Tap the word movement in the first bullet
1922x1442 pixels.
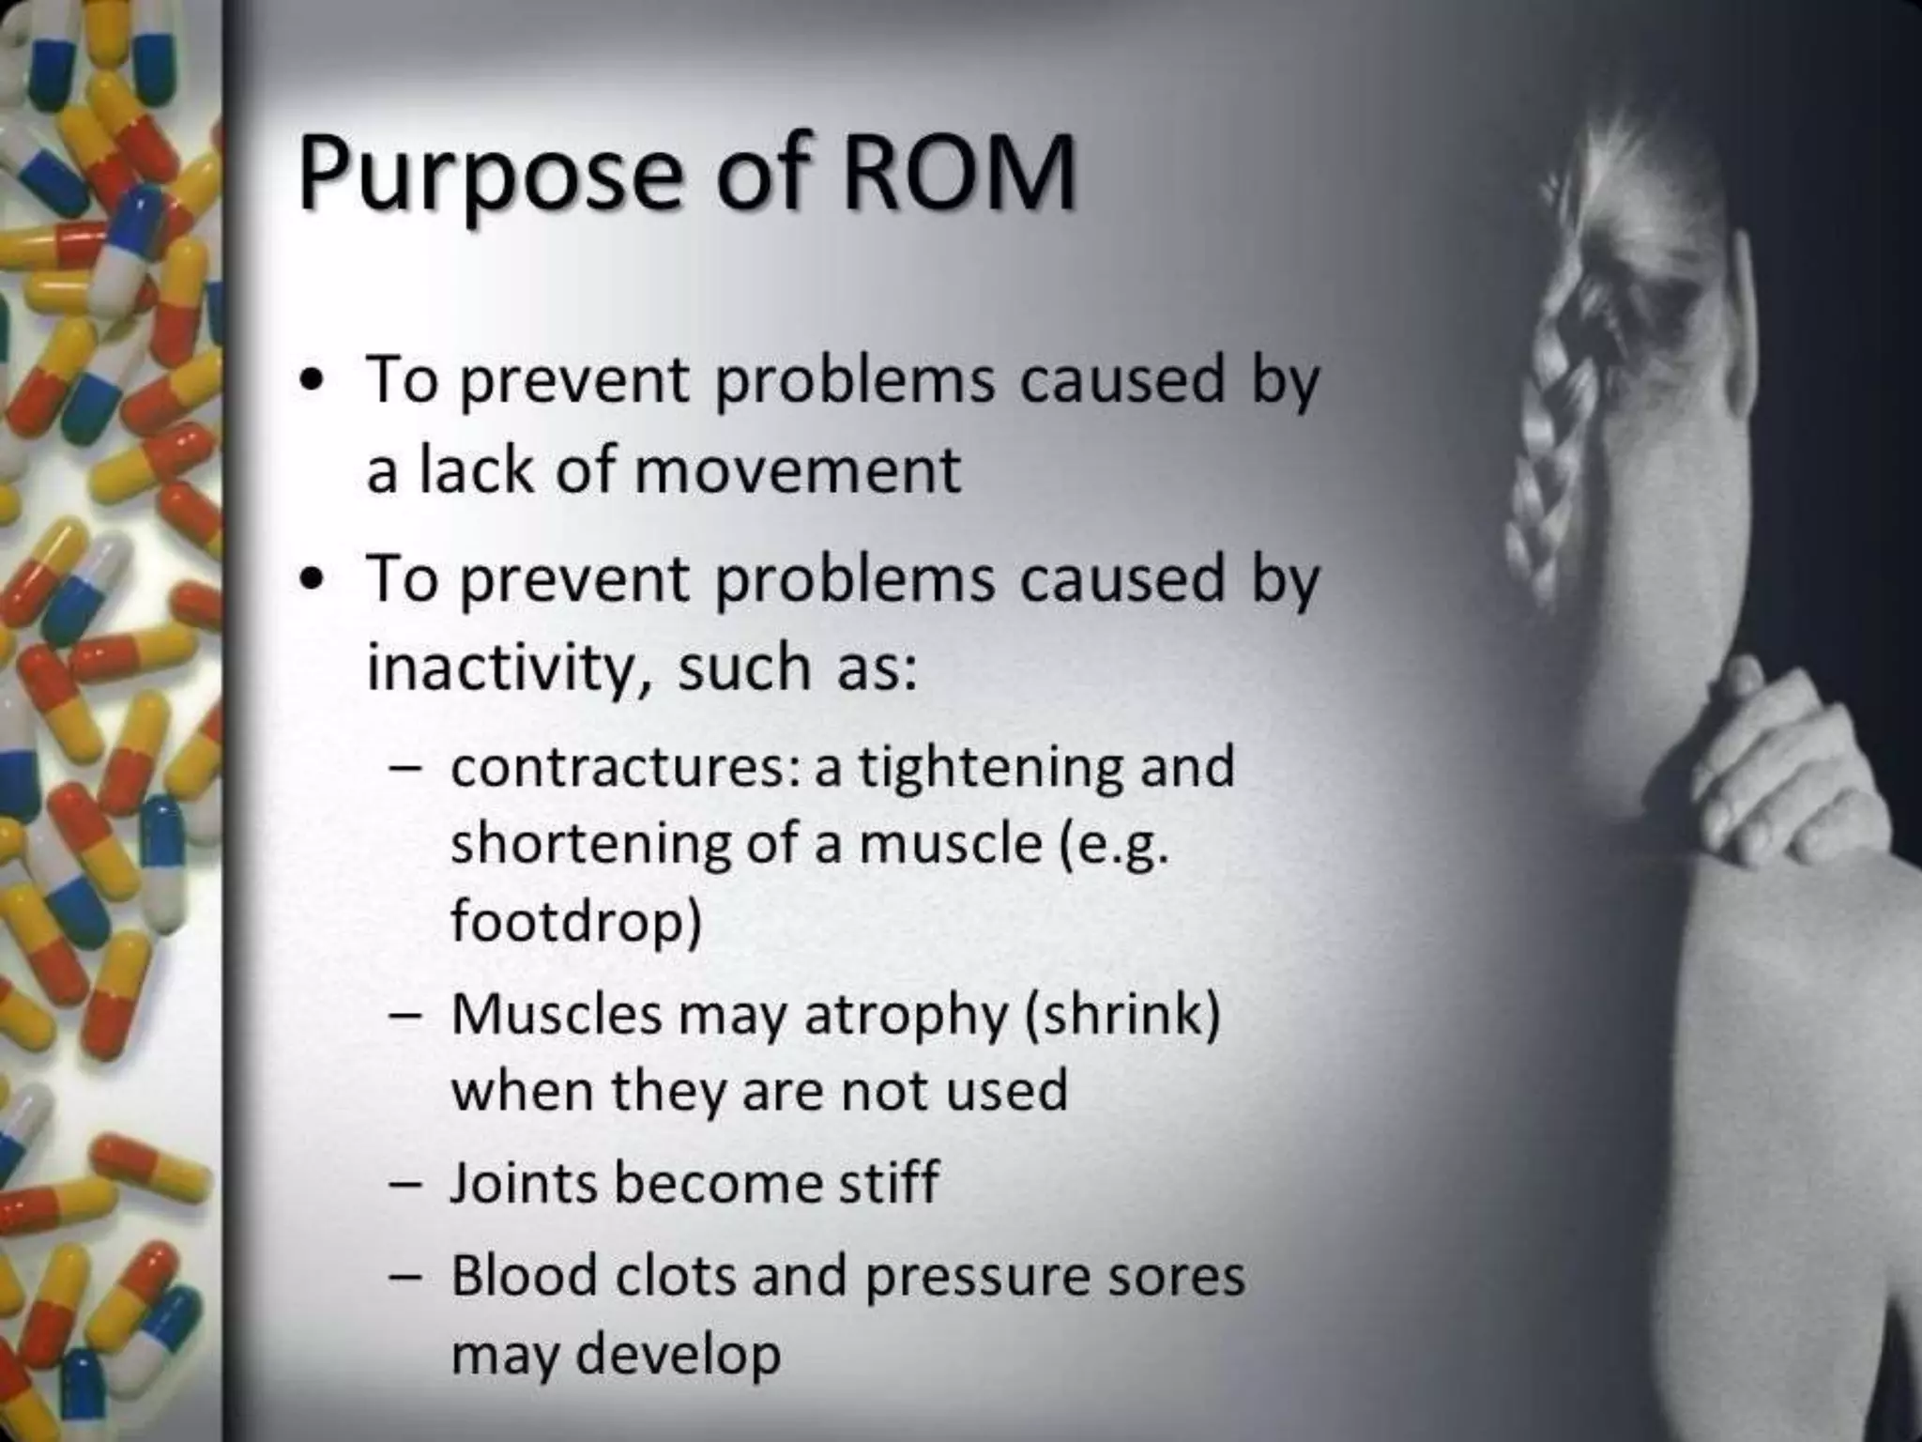pyautogui.click(x=798, y=469)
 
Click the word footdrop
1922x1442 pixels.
pyautogui.click(x=575, y=921)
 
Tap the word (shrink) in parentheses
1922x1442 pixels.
pyautogui.click(x=1122, y=1015)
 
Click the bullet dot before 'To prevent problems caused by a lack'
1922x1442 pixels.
pyautogui.click(x=313, y=383)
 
